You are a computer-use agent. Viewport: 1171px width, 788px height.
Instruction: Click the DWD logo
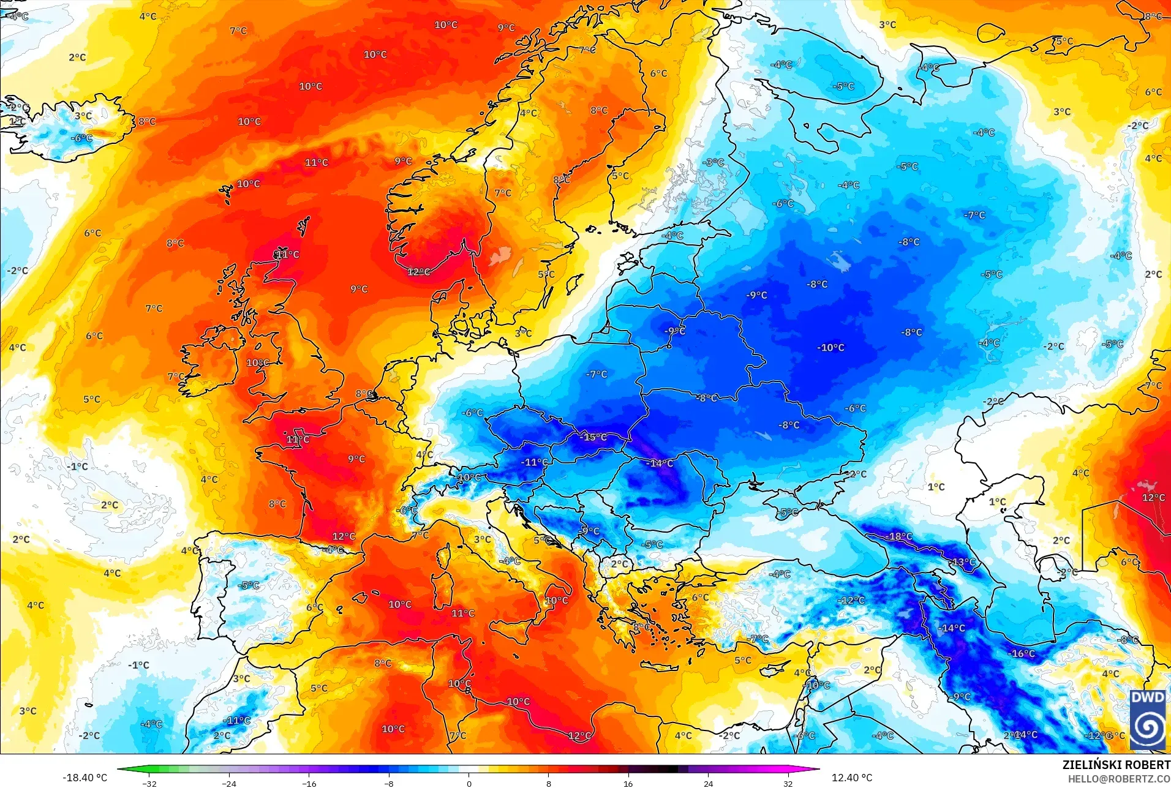1147,719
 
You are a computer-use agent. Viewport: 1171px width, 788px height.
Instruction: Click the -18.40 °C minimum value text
85,778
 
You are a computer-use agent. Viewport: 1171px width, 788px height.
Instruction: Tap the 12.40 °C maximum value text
851,778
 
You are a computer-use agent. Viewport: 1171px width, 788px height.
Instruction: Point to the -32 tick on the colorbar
149,783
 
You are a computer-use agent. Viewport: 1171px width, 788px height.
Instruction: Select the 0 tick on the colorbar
469,783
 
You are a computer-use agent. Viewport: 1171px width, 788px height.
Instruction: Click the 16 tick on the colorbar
628,783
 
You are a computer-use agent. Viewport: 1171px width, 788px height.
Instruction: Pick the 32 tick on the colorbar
788,783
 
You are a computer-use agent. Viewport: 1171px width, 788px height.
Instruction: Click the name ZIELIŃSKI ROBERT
1116,765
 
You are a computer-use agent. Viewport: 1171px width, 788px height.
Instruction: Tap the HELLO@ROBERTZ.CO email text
1119,779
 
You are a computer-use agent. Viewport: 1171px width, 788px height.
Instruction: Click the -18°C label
898,536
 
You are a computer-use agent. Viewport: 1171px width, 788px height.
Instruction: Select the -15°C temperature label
593,437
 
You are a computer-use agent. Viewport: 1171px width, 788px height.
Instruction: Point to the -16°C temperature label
1021,653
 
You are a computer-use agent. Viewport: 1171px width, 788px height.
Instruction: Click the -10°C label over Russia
830,347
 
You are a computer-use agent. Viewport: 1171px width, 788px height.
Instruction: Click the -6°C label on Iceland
81,138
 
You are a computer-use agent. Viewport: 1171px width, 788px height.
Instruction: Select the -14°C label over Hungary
660,463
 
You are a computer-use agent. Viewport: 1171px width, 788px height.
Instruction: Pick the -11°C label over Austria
534,462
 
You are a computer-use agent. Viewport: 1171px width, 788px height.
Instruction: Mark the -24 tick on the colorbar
229,783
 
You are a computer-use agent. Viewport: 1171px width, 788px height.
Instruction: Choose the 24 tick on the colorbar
708,783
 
